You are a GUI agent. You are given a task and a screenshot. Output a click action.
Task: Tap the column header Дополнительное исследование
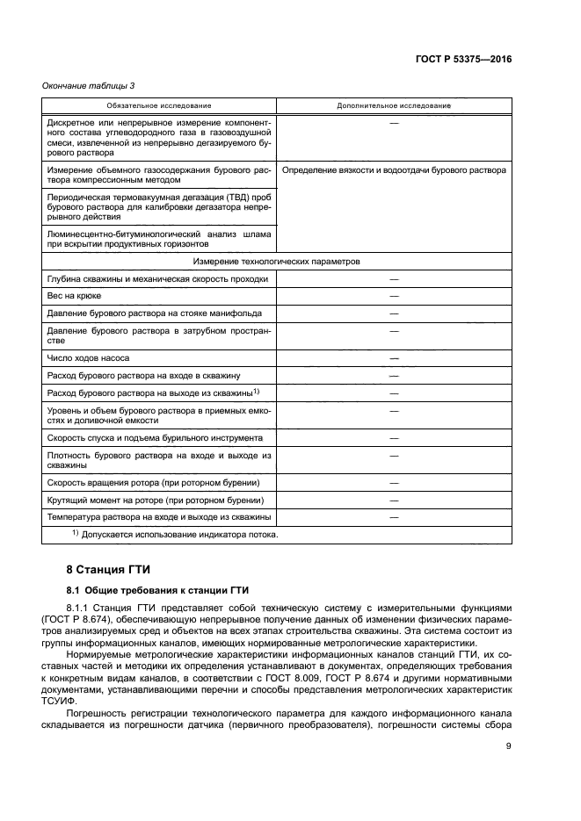click(x=394, y=105)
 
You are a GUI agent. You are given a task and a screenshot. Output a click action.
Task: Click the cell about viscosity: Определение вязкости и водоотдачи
click(x=394, y=170)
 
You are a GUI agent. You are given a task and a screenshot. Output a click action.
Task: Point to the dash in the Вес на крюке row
click(x=394, y=296)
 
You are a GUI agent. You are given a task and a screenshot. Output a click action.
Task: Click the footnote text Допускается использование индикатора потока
click(x=180, y=534)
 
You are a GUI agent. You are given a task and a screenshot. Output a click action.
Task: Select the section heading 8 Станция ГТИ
click(x=103, y=568)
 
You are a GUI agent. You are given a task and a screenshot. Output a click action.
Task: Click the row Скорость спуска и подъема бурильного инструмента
click(x=154, y=437)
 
